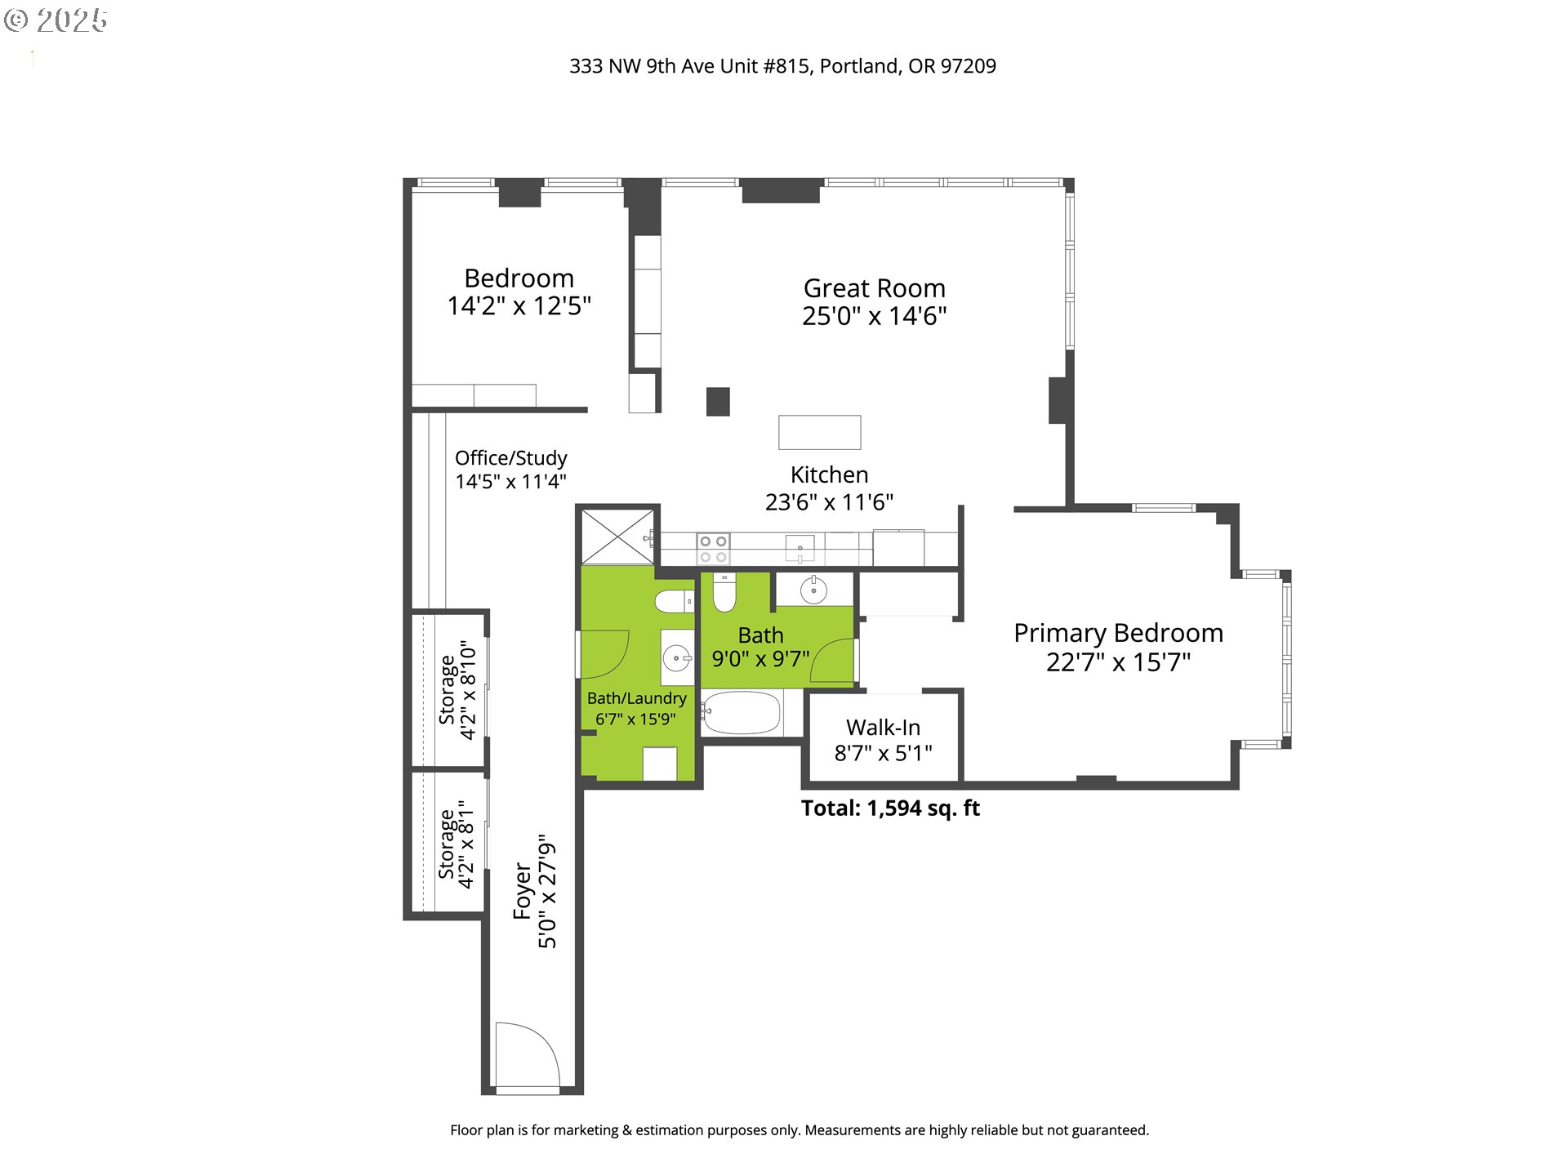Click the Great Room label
pyautogui.click(x=874, y=288)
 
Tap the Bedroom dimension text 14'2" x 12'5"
pyautogui.click(x=519, y=306)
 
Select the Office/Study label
pyautogui.click(x=511, y=458)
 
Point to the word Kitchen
pyautogui.click(x=829, y=474)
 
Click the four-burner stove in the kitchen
pyautogui.click(x=713, y=549)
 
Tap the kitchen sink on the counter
pyautogui.click(x=800, y=548)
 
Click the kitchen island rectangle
pyautogui.click(x=819, y=432)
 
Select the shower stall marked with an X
pyautogui.click(x=617, y=537)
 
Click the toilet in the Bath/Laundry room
pyautogui.click(x=674, y=602)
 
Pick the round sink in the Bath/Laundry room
pyautogui.click(x=676, y=657)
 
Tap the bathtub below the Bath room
pyautogui.click(x=741, y=712)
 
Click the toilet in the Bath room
pyautogui.click(x=724, y=592)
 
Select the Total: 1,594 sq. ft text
pyautogui.click(x=890, y=808)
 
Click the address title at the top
pyautogui.click(x=782, y=66)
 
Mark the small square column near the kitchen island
pyautogui.click(x=718, y=402)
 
